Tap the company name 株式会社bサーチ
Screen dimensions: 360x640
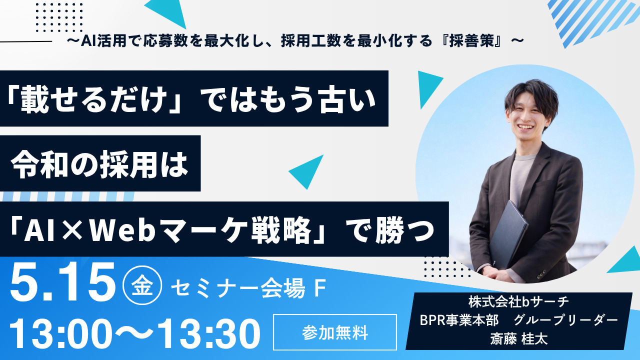pos(519,302)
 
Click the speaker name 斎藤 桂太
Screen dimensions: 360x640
pos(519,339)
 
